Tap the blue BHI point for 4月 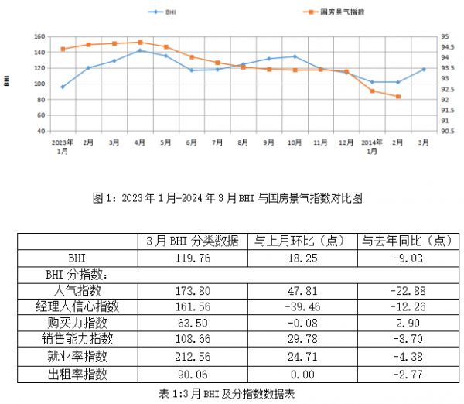(x=140, y=50)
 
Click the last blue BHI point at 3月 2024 (x=424, y=69)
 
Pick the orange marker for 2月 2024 (x=397, y=97)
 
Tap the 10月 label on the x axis (x=295, y=143)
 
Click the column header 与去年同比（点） (x=407, y=241)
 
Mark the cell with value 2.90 (x=407, y=324)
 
